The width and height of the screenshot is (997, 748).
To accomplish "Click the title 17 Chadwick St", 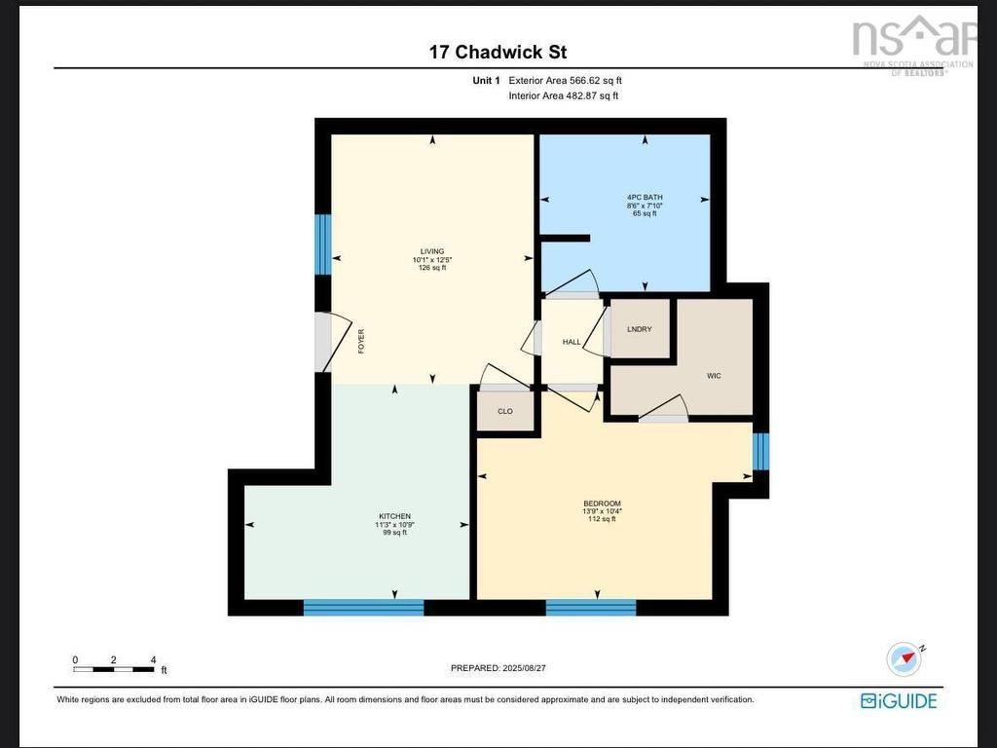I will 498,52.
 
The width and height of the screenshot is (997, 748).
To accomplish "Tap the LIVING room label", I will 431,251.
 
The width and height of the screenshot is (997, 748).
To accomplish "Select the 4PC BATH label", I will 645,198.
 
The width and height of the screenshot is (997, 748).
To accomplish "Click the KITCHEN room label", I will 394,516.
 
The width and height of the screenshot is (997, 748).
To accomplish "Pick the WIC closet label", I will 715,376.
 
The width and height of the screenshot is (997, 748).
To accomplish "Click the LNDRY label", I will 640,329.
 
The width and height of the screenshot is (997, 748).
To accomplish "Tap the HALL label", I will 572,342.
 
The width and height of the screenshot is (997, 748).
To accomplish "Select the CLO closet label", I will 505,411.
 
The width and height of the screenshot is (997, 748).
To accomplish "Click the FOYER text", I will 361,341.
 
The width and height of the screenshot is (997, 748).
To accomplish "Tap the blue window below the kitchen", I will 363,608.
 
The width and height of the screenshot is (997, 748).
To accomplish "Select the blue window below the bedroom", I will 591,608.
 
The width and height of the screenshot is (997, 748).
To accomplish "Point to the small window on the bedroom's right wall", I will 761,451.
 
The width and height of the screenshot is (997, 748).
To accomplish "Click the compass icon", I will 905,659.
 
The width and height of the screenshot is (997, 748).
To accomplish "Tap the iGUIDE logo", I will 899,700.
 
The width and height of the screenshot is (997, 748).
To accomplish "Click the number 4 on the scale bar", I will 153,660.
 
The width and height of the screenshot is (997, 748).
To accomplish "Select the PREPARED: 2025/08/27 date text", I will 498,668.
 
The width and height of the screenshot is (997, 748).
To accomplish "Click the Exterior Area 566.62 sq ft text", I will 565,81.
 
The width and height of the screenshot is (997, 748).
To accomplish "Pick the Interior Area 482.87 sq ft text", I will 564,95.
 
